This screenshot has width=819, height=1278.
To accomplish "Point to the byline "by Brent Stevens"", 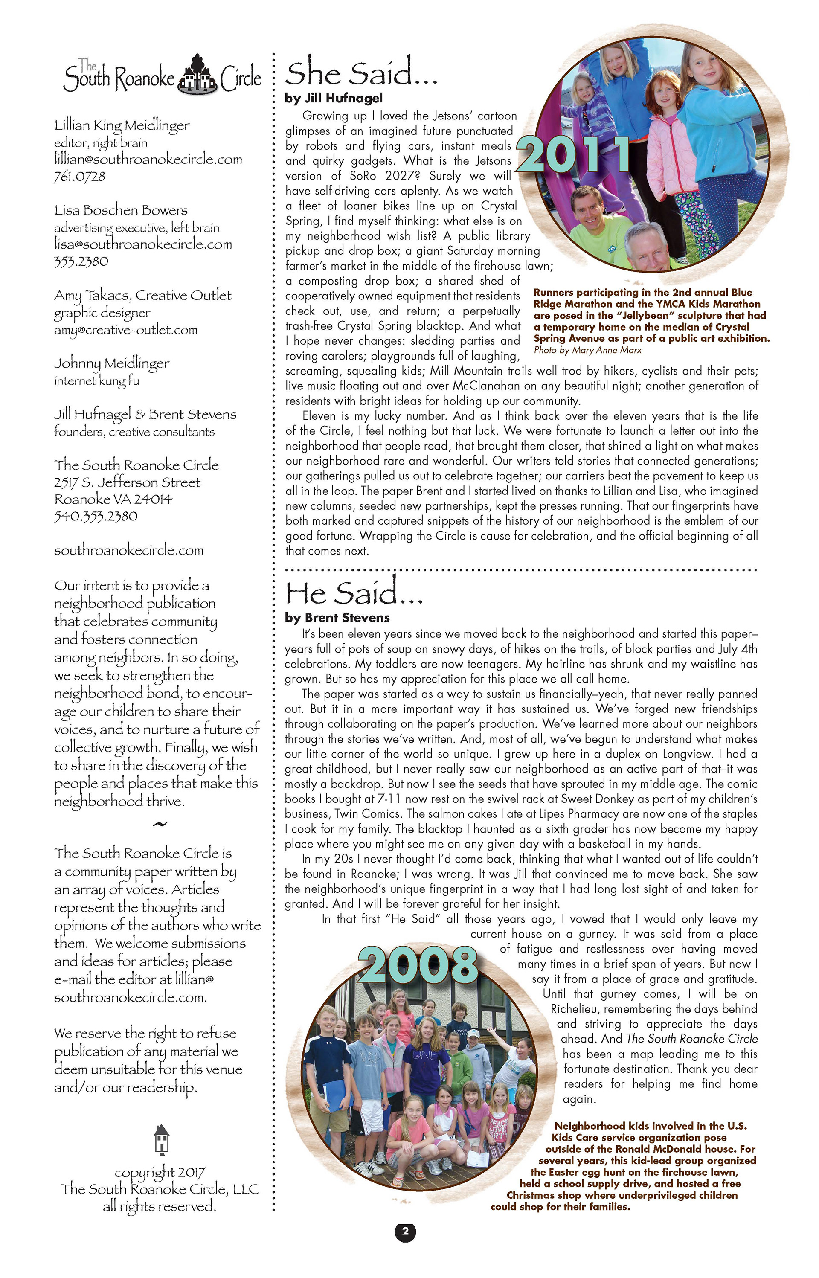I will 337,618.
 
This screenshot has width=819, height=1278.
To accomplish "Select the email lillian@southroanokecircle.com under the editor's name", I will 148,160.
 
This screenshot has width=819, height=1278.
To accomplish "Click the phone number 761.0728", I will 80,176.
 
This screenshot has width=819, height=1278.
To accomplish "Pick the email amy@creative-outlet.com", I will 125,330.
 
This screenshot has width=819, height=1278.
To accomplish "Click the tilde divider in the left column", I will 160,825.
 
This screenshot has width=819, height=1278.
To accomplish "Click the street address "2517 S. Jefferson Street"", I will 127,482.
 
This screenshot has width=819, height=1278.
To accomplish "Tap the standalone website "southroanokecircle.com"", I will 129,550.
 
